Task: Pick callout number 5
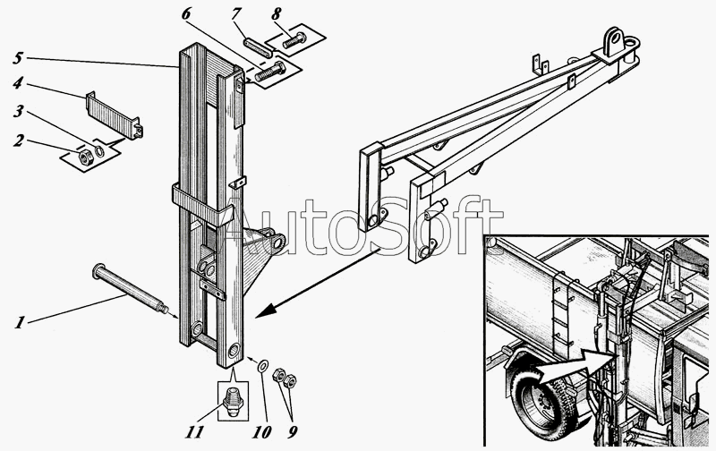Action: (x=18, y=57)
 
